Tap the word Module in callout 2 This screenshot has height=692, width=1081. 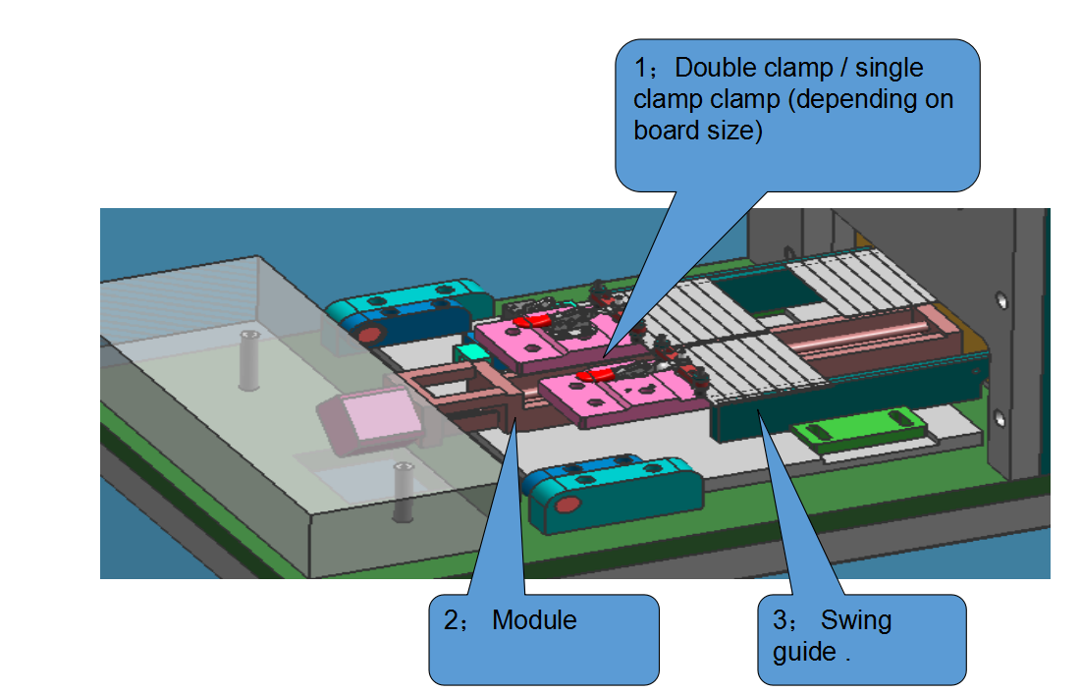(x=534, y=620)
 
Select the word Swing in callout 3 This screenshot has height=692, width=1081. (x=856, y=620)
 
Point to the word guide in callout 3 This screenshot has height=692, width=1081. (x=803, y=652)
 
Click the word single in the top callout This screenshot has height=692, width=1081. (x=890, y=69)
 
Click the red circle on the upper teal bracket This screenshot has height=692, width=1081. (x=369, y=334)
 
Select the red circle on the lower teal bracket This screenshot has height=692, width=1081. (x=567, y=506)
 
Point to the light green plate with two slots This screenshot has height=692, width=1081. (x=859, y=430)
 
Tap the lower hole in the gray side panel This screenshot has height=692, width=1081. (x=1000, y=418)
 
